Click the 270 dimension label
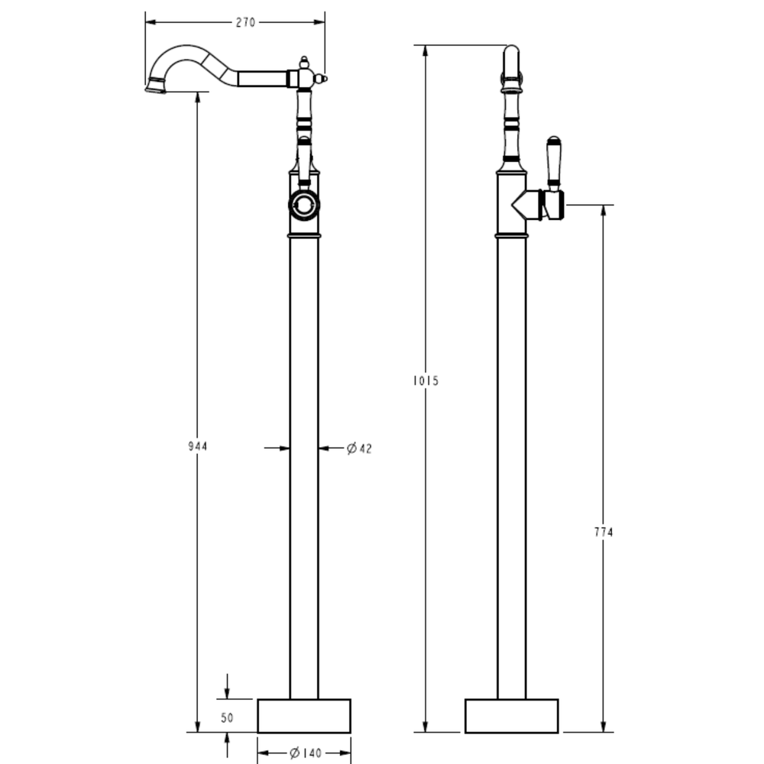point(245,22)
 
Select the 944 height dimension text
point(198,446)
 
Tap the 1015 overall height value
point(426,380)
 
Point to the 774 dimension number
point(604,532)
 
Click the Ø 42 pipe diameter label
point(359,448)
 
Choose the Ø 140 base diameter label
point(306,753)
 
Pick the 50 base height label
point(227,717)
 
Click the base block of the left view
point(304,716)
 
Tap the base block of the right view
point(512,716)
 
